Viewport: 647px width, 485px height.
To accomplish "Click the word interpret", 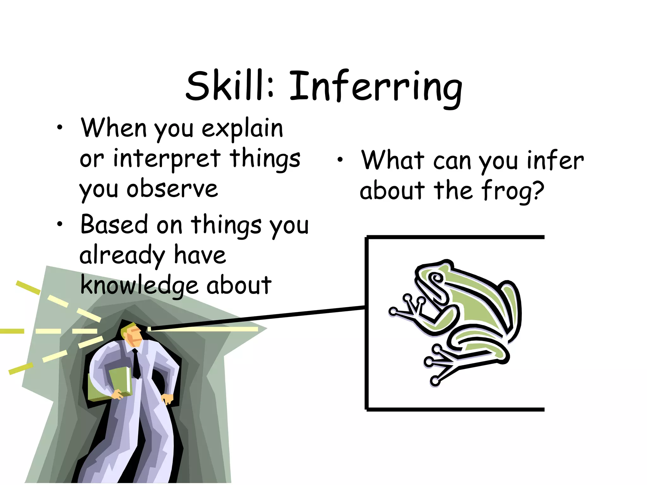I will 167,159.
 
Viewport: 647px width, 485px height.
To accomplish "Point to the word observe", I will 172,189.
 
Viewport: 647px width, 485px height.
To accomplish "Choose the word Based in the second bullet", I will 114,224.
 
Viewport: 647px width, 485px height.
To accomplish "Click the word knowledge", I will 139,285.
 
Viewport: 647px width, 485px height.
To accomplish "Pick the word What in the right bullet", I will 393,160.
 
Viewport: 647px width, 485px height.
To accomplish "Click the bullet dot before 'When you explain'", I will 60,128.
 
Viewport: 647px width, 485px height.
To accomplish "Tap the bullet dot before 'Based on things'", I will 60,224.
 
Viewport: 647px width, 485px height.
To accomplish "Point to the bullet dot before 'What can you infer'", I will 340,160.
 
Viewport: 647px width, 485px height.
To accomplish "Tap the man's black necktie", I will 136,363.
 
